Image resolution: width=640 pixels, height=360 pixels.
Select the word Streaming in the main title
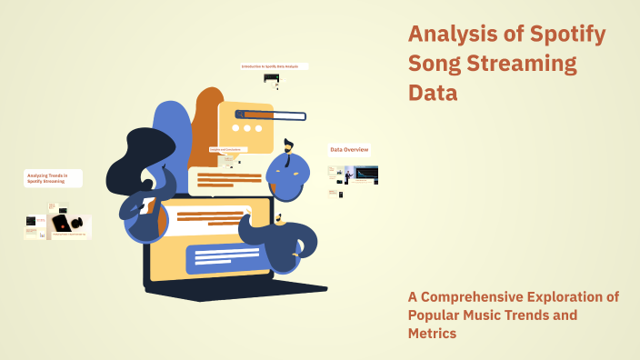pyautogui.click(x=526, y=64)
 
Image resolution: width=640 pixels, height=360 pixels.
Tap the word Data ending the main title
pyautogui.click(x=433, y=93)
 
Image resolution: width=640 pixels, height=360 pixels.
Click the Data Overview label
pyautogui.click(x=349, y=149)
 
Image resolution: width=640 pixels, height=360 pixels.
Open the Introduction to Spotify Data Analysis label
pyautogui.click(x=274, y=66)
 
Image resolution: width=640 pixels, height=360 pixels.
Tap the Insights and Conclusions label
pyautogui.click(x=228, y=149)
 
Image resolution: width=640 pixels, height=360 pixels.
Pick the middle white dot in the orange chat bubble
pyautogui.click(x=246, y=129)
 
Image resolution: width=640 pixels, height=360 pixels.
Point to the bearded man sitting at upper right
pyautogui.click(x=290, y=168)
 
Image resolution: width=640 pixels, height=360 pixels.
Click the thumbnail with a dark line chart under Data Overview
pyautogui.click(x=366, y=174)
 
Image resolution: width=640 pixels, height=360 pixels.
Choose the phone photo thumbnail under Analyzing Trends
pyautogui.click(x=65, y=223)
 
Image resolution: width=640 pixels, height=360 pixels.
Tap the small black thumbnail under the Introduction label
pyautogui.click(x=271, y=78)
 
